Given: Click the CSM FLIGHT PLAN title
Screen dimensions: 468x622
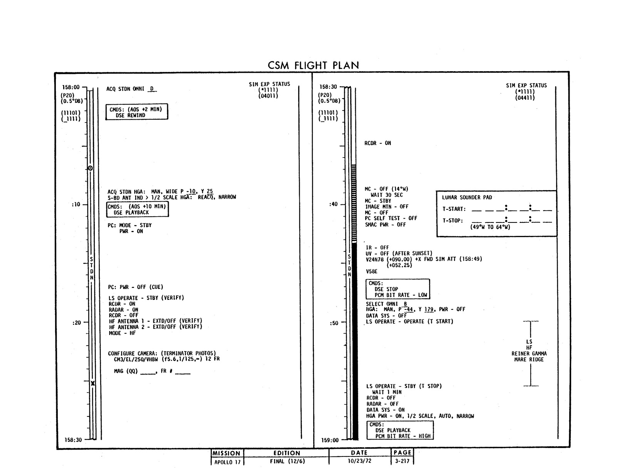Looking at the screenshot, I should pos(313,65).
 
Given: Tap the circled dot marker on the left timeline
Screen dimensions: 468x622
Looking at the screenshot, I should pos(90,168).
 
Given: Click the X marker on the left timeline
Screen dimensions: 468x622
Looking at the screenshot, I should pos(92,383).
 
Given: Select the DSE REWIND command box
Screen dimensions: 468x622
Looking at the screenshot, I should pos(137,112).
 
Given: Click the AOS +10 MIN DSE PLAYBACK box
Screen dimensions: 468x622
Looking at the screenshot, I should pos(137,209).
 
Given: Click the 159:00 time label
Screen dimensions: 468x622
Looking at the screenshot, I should pos(330,440).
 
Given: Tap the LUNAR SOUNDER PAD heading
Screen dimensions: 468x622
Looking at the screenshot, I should pos(467,197).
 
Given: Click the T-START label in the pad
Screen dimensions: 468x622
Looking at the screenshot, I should pos(454,209).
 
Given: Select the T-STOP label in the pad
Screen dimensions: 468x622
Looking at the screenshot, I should pos(453,221).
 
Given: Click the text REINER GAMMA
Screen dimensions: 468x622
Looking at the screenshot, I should pos(529,353).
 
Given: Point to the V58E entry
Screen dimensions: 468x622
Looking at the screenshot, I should pos(372,271).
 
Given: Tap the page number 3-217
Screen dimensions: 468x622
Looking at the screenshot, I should pos(402,461).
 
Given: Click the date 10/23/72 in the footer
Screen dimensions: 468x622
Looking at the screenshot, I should pos(359,461).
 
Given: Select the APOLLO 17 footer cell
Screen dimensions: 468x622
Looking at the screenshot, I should pos(227,461).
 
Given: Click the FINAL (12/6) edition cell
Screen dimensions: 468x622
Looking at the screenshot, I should pos(287,461).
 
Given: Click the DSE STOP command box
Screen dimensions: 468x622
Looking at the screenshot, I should pos(397,289).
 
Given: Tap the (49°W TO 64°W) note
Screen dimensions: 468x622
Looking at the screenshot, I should pos(490,227).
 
